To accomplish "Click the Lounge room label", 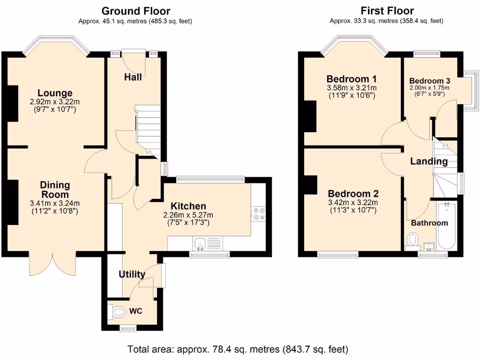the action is (x=55, y=93).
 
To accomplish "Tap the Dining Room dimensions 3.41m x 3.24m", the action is (x=55, y=203).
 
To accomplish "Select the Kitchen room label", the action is (x=188, y=206).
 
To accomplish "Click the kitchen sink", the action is (x=200, y=244).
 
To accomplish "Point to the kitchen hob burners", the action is (x=259, y=214).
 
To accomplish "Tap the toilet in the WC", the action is (x=118, y=312).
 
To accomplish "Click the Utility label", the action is (x=132, y=274).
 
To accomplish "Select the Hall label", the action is (x=133, y=77).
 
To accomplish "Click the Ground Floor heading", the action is (x=135, y=11).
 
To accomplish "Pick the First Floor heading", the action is (x=387, y=11).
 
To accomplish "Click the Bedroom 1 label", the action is (x=352, y=79).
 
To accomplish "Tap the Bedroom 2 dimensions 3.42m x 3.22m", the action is (x=353, y=202).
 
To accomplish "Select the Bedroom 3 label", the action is (x=429, y=81).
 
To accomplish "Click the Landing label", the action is (x=429, y=161).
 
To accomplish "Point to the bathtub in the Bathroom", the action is (x=447, y=226).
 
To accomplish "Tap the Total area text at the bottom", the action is (x=238, y=349).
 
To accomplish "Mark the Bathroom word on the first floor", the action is (x=429, y=223).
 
